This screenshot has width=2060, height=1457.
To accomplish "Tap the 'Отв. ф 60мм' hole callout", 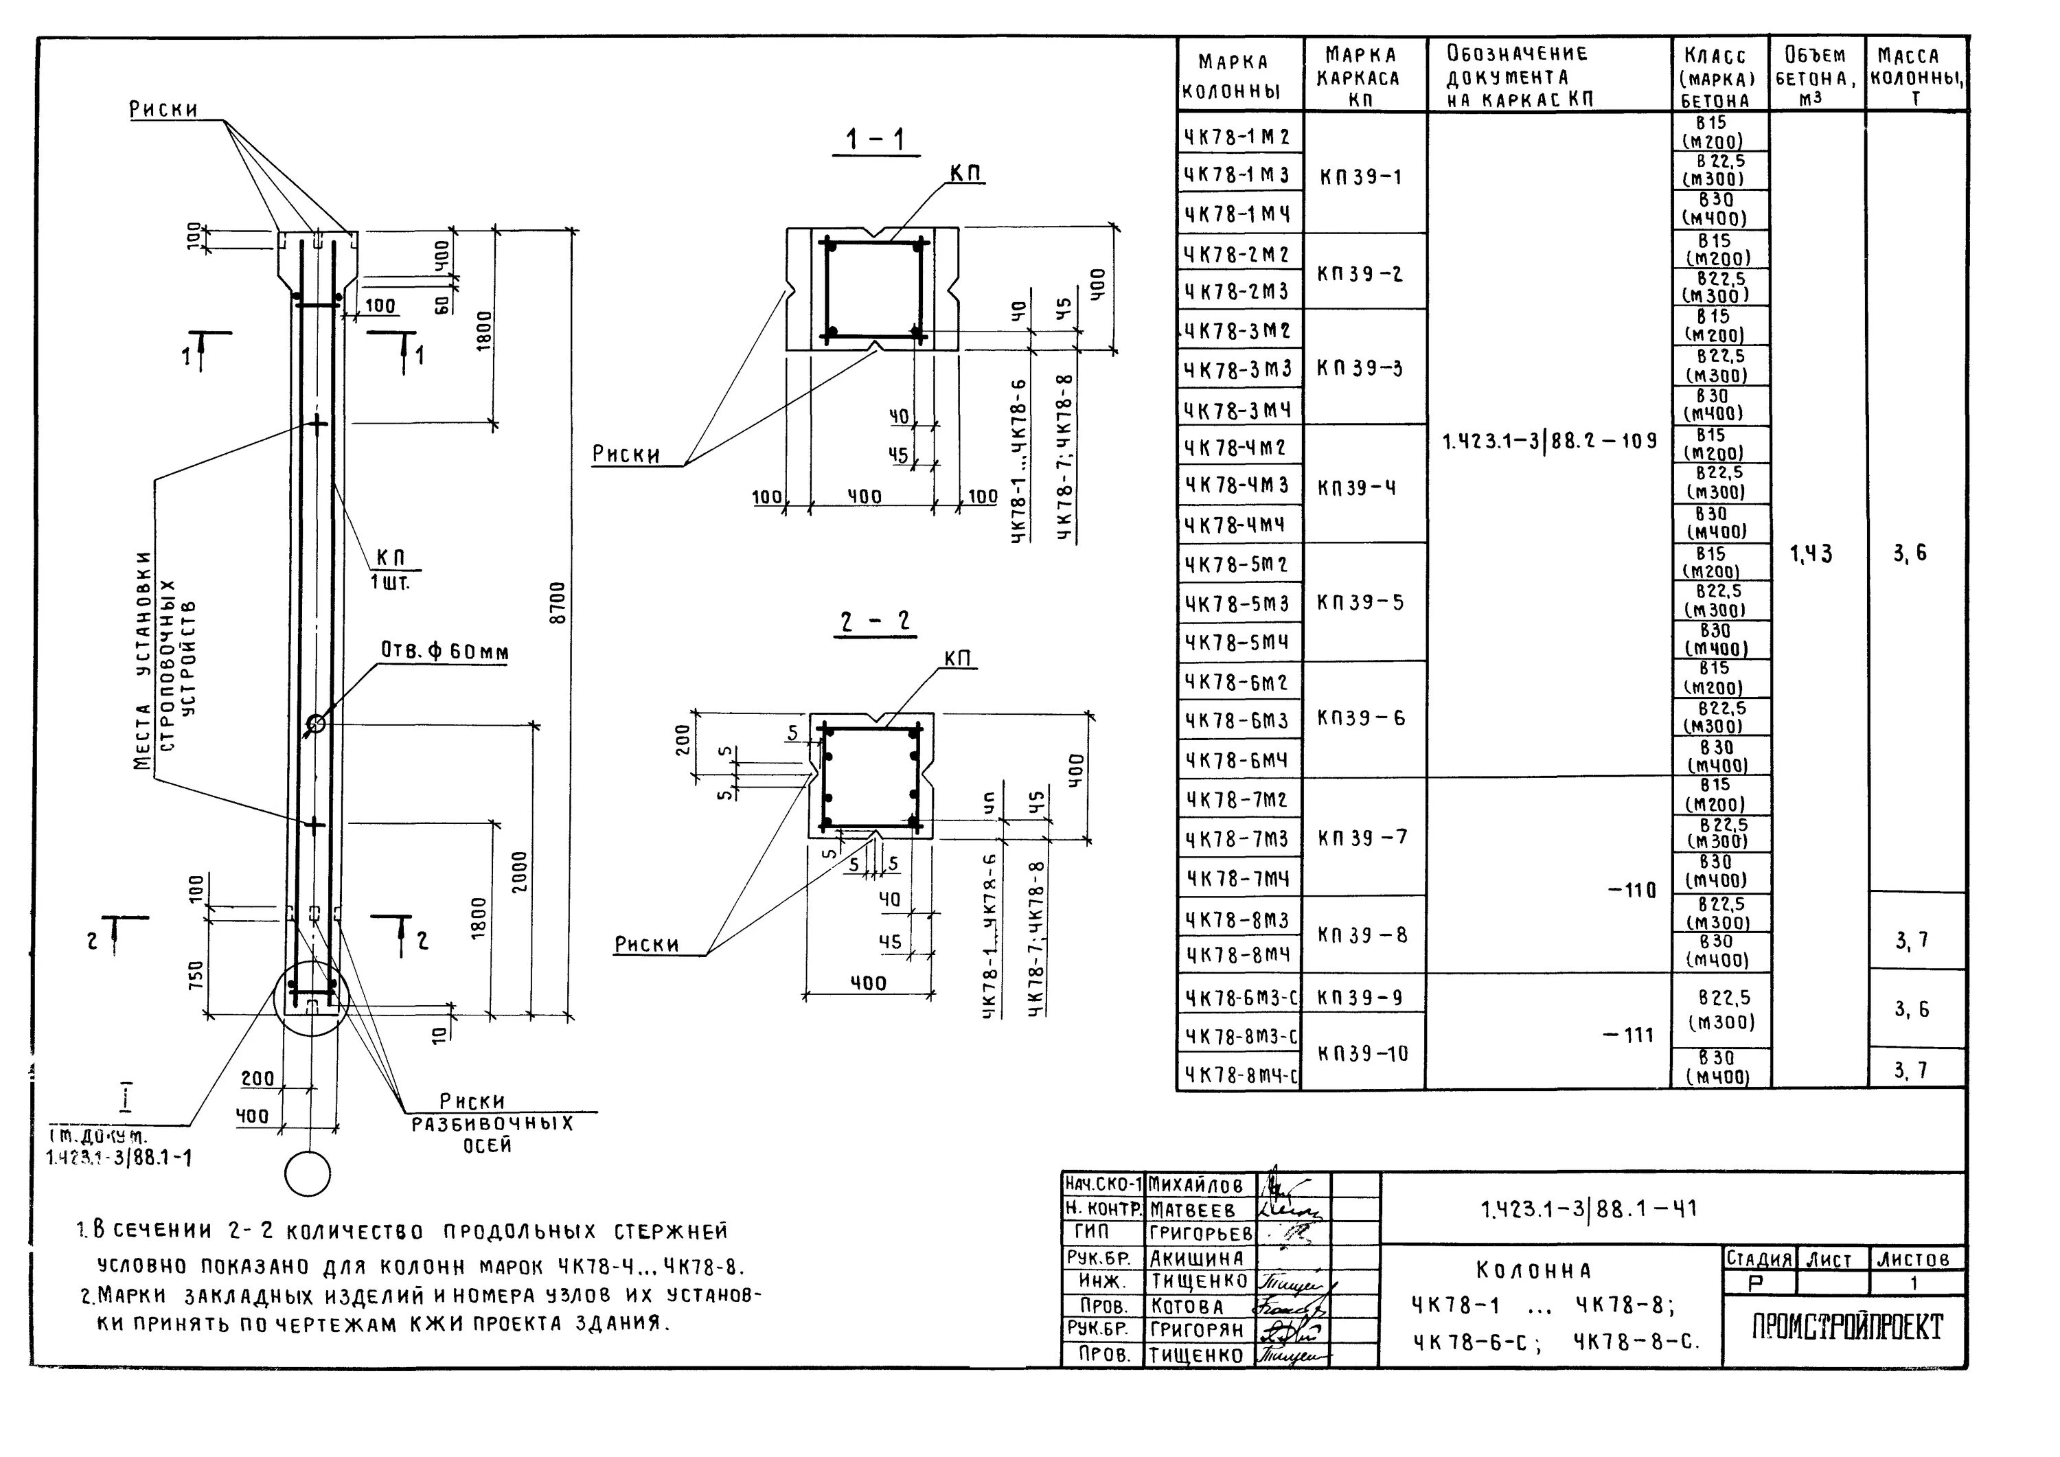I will click(445, 652).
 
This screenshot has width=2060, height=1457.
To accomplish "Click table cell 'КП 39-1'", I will click(1360, 176).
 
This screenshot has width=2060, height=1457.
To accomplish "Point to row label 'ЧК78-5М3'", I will click(1237, 604).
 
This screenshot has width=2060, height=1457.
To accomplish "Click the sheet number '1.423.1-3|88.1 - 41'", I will click(1588, 1209).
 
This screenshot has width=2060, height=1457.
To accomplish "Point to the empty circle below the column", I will click(307, 1173).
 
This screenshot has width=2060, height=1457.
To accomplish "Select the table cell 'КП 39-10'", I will click(1362, 1053).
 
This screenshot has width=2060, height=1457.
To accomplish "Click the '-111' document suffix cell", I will click(1629, 1035).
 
